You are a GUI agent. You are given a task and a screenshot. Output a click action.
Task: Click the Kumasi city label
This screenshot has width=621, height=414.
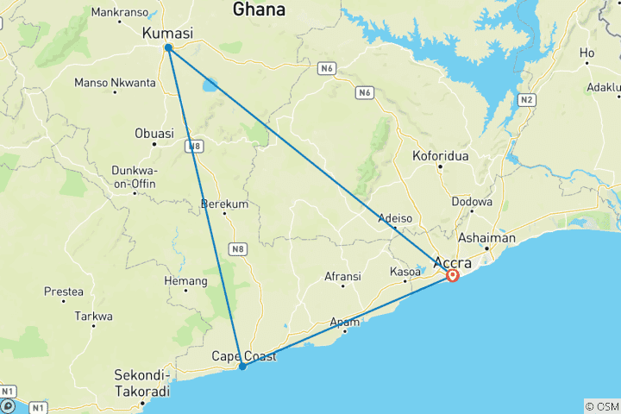166,33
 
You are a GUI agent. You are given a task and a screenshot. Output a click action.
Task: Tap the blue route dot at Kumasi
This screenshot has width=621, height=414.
168,47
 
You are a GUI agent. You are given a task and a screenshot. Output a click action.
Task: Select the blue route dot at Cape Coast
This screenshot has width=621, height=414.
242,366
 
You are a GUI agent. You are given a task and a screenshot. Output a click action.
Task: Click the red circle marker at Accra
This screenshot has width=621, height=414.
452,276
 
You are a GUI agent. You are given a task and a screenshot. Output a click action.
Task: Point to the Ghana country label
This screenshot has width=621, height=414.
260,9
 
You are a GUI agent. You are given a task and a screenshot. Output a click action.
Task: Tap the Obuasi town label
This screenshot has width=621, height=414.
154,133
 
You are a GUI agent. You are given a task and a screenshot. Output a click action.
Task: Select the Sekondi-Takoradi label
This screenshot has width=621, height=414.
142,382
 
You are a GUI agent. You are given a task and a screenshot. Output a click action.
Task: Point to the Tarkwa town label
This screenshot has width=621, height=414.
93,317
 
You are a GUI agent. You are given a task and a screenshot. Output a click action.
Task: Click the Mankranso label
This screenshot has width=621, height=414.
120,13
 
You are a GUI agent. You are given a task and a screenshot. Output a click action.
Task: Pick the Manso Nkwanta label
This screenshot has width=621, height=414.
116,83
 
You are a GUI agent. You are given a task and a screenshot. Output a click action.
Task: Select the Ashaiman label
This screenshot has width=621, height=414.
486,238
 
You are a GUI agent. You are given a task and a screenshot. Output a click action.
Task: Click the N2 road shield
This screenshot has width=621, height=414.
526,101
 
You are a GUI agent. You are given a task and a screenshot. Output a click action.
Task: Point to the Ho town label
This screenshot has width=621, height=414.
587,53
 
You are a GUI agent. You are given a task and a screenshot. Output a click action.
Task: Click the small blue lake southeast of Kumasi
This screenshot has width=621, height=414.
210,85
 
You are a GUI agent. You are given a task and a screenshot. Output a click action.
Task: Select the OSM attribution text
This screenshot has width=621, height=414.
601,406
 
